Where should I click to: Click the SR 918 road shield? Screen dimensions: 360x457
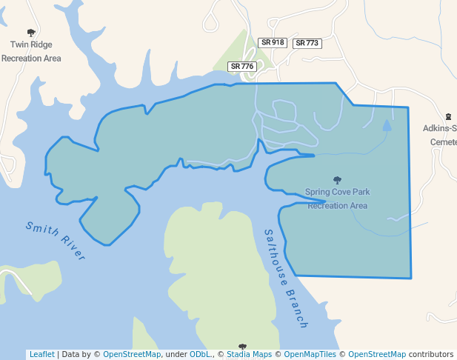(273, 43)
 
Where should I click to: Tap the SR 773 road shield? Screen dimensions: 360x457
(307, 44)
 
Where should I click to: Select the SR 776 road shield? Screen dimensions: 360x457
(241, 67)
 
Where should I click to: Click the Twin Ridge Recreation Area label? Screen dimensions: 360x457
(31, 51)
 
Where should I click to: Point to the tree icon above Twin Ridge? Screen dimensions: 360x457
(31, 33)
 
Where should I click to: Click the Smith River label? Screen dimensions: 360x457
(56, 241)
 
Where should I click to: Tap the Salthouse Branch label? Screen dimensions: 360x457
(286, 279)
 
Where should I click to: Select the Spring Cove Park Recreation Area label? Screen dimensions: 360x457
(338, 199)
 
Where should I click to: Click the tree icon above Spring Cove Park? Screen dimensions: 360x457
(338, 180)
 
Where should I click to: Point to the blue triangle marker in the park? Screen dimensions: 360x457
(387, 125)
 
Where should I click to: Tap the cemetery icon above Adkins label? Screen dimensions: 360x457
(448, 117)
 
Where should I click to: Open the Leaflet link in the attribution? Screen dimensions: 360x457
(41, 354)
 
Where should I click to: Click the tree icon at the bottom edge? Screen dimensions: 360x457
(242, 347)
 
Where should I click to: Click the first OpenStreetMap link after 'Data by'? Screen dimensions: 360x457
(132, 354)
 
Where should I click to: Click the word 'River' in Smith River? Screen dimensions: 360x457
(73, 249)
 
